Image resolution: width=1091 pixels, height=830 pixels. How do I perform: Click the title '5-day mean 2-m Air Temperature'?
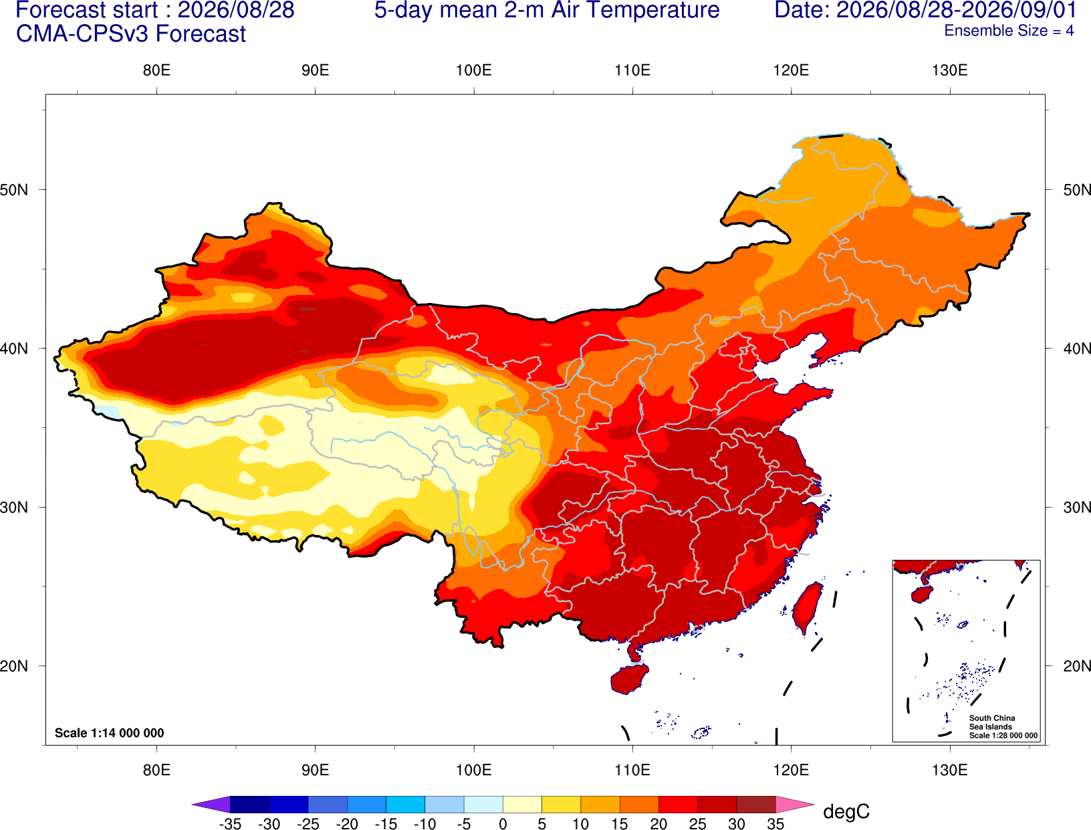point(547,10)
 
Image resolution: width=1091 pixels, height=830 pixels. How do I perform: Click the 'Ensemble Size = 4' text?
point(1009,31)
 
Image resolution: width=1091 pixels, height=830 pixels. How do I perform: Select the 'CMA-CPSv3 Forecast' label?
point(131,34)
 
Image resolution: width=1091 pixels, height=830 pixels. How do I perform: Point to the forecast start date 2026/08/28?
point(236,10)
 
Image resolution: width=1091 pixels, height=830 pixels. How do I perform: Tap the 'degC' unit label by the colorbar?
point(846,811)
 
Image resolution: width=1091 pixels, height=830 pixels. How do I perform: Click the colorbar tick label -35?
point(230,824)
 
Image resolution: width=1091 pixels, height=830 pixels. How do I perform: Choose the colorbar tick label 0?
point(503,824)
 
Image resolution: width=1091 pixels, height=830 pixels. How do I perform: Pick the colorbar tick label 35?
point(775,824)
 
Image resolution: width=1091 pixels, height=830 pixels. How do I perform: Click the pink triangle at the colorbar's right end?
point(793,804)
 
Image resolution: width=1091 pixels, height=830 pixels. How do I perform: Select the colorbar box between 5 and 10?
point(561,804)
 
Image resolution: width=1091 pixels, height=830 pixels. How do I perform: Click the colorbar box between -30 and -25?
point(288,804)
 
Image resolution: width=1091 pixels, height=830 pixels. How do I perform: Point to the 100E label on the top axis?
point(474,70)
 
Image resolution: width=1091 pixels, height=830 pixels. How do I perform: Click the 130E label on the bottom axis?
point(950,770)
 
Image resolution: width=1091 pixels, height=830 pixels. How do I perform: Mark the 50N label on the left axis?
point(14,190)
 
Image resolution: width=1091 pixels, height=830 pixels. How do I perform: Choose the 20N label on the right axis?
point(1077,666)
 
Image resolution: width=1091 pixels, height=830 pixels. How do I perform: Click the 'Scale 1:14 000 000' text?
point(110,732)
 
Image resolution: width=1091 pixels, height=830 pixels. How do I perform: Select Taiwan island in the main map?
point(806,608)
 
